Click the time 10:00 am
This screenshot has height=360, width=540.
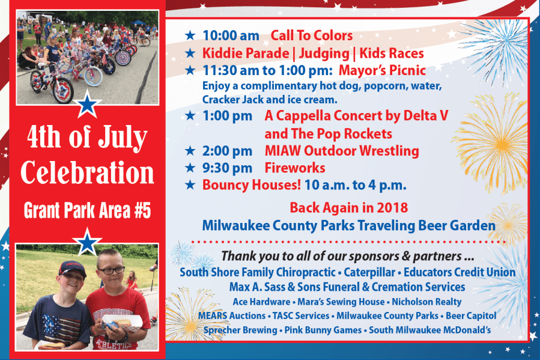[231, 35]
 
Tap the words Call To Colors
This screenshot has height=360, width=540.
[311, 35]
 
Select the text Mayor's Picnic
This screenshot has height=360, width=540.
[382, 71]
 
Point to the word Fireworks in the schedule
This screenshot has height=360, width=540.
[295, 168]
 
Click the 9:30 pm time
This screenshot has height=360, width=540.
[227, 168]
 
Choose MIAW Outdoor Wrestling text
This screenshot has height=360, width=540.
[342, 151]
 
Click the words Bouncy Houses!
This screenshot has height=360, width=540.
[252, 185]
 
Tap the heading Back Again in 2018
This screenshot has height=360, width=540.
[348, 208]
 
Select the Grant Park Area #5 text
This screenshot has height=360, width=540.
[88, 210]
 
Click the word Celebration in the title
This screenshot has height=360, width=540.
[87, 172]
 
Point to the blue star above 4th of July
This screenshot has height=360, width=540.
[87, 104]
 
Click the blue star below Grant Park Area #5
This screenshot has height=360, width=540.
[87, 242]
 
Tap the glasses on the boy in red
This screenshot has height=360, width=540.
[111, 270]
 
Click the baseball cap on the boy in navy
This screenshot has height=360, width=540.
[71, 269]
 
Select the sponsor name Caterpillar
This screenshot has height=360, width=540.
[369, 272]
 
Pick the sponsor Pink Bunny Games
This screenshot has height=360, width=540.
[323, 330]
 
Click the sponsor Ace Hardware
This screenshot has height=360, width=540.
[261, 302]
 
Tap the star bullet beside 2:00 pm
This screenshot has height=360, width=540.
[190, 150]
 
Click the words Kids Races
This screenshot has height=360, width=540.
[392, 53]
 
